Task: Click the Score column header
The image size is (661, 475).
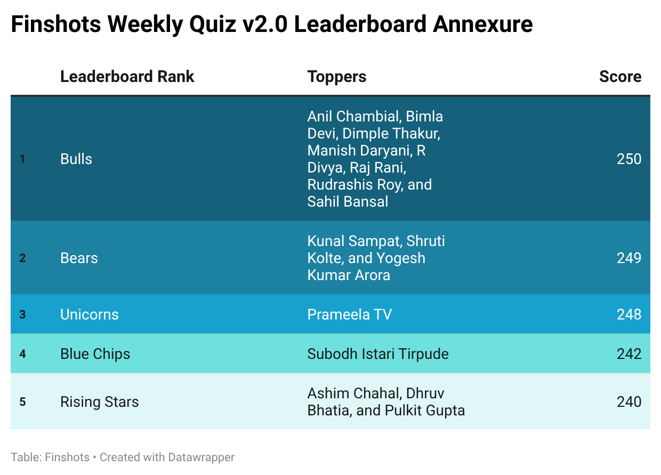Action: tap(620, 77)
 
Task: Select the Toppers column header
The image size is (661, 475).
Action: tap(337, 77)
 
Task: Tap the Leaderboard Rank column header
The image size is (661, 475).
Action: tap(127, 77)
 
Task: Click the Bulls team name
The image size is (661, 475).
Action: tap(76, 159)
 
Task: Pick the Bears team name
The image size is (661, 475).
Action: tap(79, 258)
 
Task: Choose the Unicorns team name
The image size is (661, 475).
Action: tap(90, 314)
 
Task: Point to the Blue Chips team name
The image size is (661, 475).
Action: tap(95, 354)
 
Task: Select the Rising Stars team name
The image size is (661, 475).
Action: tap(100, 402)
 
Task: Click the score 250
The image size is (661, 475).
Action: tap(629, 159)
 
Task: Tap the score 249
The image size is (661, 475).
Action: tap(629, 258)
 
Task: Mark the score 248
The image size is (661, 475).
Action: tap(629, 314)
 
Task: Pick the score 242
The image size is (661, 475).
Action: tap(629, 354)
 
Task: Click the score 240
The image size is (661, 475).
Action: tap(629, 402)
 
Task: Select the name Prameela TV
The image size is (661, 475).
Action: tap(349, 314)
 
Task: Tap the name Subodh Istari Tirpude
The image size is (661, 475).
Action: tap(378, 354)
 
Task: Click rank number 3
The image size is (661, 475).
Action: tap(22, 315)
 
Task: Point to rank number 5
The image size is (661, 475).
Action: tap(22, 402)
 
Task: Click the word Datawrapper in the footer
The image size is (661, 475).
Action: tap(201, 457)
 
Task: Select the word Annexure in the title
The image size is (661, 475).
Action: tap(482, 24)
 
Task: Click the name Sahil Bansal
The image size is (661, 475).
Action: tap(348, 202)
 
